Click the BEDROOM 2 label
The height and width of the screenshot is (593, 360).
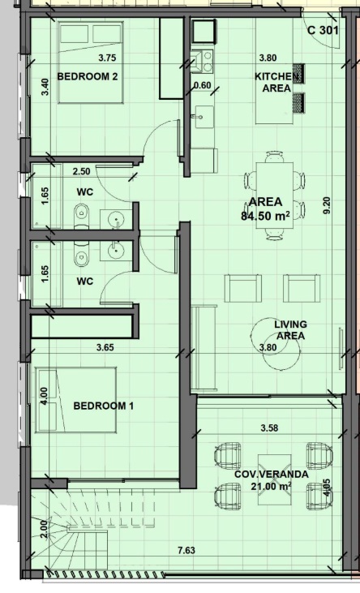click(88, 77)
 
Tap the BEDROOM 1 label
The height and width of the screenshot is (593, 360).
click(103, 406)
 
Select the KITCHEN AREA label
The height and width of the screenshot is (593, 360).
click(276, 83)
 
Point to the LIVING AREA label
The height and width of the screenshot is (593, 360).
click(290, 330)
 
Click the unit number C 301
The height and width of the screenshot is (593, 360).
click(323, 31)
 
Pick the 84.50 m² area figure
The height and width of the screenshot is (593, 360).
click(265, 216)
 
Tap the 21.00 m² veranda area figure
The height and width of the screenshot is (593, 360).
click(271, 486)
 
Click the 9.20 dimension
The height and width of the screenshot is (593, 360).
click(327, 205)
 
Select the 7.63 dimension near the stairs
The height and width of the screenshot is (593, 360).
click(186, 550)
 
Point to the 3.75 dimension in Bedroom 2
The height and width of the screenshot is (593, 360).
click(107, 58)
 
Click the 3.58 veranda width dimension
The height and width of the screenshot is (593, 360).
click(270, 428)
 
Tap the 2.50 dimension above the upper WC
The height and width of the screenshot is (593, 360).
click(81, 171)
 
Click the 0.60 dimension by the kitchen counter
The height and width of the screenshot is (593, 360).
click(203, 85)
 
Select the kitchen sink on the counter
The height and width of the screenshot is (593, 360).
click(204, 118)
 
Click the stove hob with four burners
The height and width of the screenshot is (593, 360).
click(204, 62)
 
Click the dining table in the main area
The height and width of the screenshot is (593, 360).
click(275, 196)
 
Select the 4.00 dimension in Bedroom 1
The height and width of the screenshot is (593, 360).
click(44, 396)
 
